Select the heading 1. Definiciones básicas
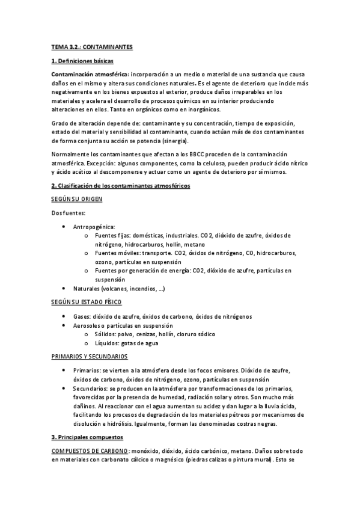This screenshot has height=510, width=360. pyautogui.click(x=81, y=61)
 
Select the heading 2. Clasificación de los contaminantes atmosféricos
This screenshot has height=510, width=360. pyautogui.click(x=120, y=186)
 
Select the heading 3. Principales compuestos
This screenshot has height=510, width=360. pyautogui.click(x=87, y=437)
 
